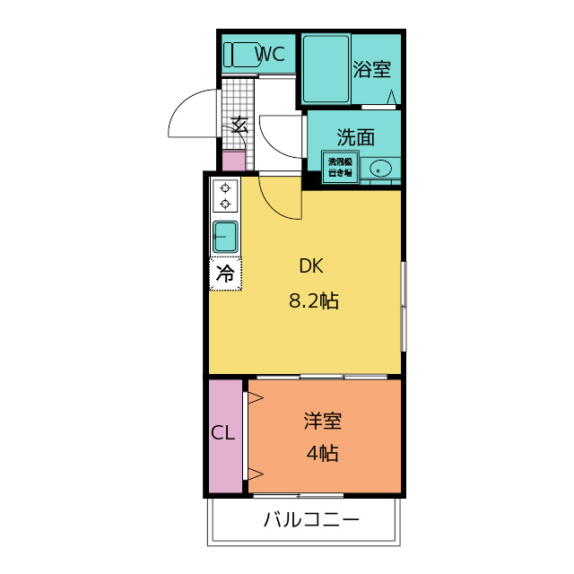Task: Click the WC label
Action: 270,54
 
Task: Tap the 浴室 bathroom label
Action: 370,69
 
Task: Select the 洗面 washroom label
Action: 355,137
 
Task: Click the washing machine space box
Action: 340,167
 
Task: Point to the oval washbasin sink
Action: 381,168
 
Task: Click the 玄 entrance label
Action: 239,125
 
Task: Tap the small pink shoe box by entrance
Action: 233,161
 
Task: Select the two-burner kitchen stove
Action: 225,196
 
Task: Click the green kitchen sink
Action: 225,238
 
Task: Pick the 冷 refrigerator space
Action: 225,274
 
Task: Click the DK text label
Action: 310,266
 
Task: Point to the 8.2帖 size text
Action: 313,301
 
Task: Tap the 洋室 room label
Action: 322,420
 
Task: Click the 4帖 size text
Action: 322,454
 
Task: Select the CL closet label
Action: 223,433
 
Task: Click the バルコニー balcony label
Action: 311,519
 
